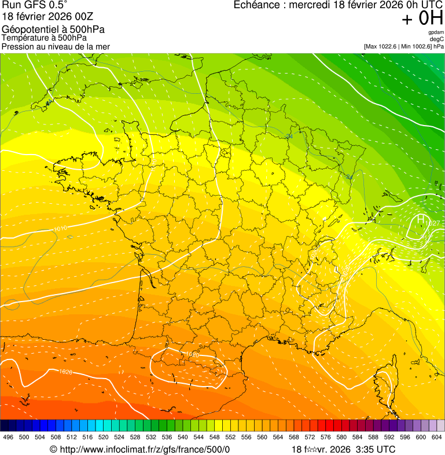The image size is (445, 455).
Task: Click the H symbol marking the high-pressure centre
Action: [421, 220]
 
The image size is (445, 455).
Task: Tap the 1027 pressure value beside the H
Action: [435, 223]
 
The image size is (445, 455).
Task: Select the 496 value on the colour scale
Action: [8, 438]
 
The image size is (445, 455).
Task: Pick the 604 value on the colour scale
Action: [436, 438]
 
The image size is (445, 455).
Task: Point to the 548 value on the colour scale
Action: [215, 438]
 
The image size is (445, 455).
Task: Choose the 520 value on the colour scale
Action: [104, 438]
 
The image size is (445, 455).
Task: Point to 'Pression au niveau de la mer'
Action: [56, 46]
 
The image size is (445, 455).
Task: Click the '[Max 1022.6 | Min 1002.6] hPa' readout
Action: [403, 46]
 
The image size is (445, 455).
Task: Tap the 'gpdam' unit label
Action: [436, 32]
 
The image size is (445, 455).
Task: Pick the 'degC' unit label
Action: [437, 39]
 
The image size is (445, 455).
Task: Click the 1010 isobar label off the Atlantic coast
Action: [60, 229]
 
